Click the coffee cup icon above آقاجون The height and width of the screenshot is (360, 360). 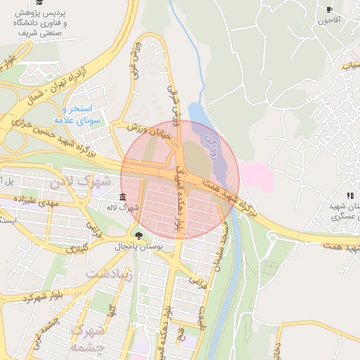[329, 9]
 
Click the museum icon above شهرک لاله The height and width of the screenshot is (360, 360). [123, 196]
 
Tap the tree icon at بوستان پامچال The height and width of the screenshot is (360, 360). [138, 236]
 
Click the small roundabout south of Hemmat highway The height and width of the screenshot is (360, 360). [269, 268]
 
